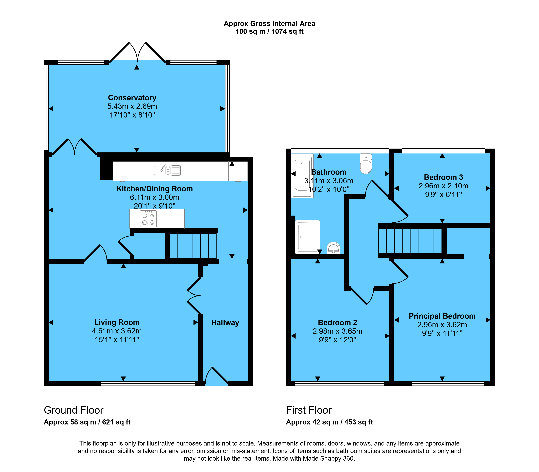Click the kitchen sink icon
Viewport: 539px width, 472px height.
(x=167, y=170)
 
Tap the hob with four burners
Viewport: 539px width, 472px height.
(x=148, y=219)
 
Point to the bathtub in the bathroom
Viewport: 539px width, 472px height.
(x=302, y=176)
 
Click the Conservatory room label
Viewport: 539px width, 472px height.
(x=132, y=98)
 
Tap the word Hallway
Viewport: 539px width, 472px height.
(x=225, y=323)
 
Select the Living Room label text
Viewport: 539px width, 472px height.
(x=117, y=322)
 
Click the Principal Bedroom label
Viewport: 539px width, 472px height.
(x=442, y=316)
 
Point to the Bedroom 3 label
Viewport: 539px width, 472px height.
(x=444, y=177)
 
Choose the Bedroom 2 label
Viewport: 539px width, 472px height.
(x=337, y=323)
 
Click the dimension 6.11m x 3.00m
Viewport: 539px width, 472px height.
(x=155, y=197)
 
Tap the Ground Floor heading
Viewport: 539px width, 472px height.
(x=74, y=410)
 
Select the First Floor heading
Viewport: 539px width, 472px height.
(x=309, y=410)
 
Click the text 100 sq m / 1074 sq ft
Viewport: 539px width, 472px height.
(x=270, y=32)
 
